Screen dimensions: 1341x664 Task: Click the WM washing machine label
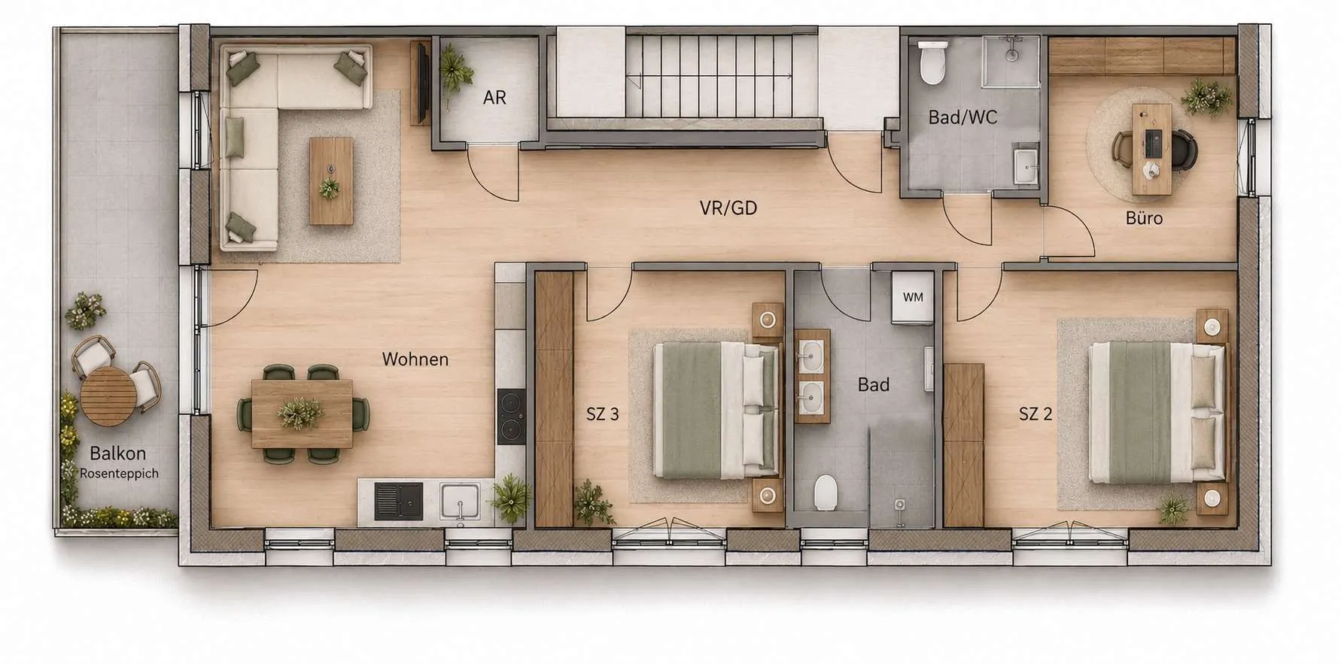tap(913, 297)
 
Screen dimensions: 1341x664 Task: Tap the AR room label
tap(494, 98)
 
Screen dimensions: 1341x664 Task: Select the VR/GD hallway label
tap(728, 208)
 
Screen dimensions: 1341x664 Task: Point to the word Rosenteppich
tap(119, 474)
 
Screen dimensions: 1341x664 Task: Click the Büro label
tap(1144, 218)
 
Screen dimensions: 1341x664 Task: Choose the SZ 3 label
tap(603, 414)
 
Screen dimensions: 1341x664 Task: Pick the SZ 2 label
tap(1035, 414)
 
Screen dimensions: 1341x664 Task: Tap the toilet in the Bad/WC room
tap(932, 62)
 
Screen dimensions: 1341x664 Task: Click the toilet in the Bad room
tap(826, 492)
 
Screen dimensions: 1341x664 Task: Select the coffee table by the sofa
tap(331, 180)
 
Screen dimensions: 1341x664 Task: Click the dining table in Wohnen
tap(302, 414)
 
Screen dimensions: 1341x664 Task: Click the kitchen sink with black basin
tap(398, 502)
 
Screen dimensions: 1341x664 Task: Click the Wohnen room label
tap(415, 359)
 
